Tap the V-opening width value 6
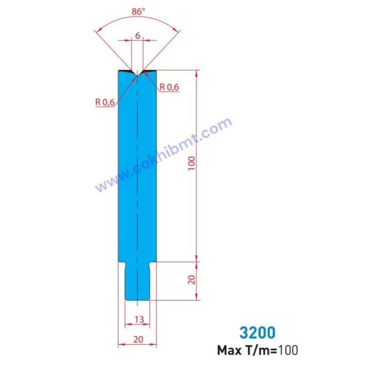137,35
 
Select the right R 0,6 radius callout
169,87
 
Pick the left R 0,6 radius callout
105,102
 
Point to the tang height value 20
192,280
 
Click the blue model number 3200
257,332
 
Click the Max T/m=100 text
257,350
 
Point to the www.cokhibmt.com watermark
163,155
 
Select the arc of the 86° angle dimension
138,18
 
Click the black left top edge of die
125,70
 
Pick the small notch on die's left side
119,241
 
